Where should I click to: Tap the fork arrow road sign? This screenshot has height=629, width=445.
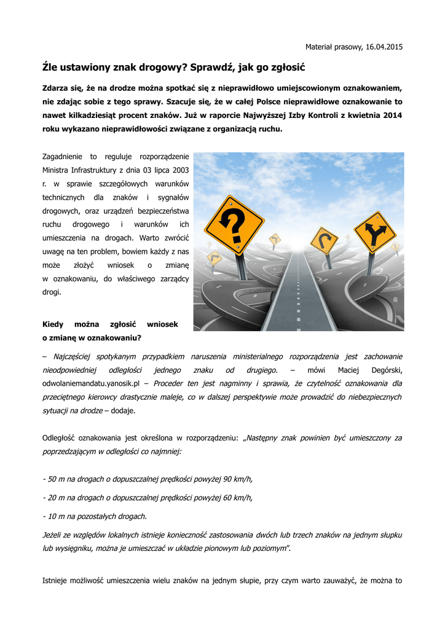point(375,232)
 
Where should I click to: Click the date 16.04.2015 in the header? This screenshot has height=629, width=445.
point(384,47)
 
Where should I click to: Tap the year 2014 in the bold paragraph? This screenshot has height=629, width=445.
point(390,115)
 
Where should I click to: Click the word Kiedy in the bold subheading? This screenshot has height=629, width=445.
point(53,324)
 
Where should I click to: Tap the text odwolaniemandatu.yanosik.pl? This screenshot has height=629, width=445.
point(84,384)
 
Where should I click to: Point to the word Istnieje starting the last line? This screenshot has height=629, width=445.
point(57,580)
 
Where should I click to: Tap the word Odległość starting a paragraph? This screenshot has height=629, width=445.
point(59,438)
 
